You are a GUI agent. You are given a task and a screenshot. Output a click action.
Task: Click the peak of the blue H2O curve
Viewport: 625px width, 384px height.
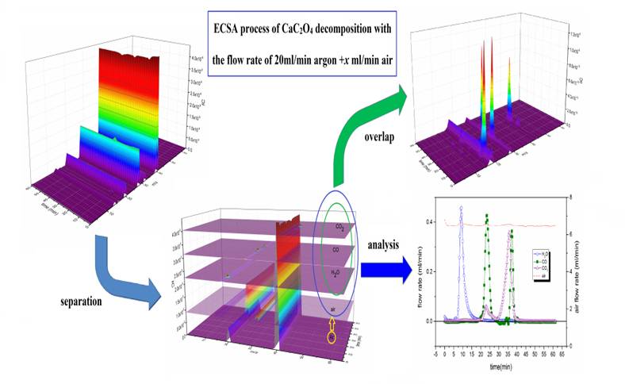coord(461,208)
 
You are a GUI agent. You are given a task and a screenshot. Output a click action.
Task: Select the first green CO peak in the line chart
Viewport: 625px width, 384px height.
coord(487,216)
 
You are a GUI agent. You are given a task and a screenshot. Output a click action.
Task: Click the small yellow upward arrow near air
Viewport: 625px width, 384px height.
coord(332,321)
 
